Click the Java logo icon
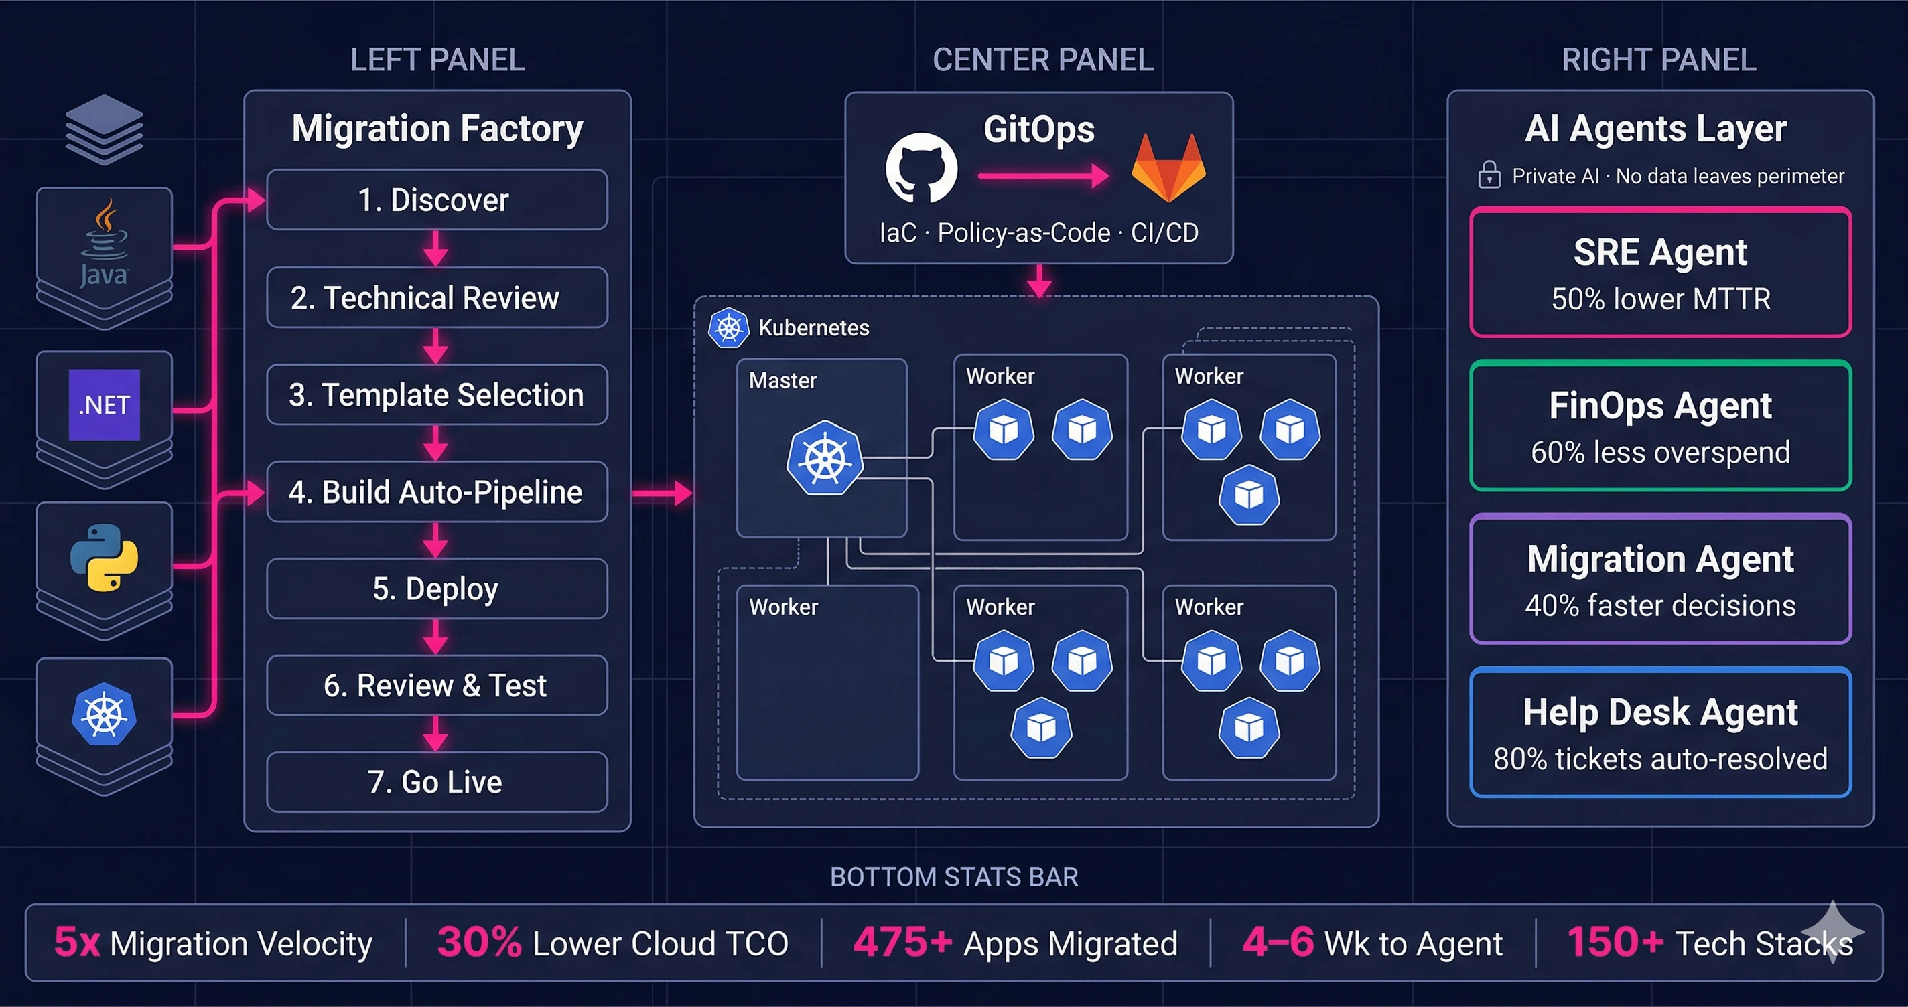[105, 240]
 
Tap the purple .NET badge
[105, 404]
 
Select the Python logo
[105, 558]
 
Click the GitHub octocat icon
[921, 168]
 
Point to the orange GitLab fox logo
[1168, 168]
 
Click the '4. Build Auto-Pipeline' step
[436, 491]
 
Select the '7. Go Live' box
[436, 782]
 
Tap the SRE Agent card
[1660, 273]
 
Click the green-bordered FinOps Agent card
[1660, 426]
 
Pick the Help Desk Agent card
[1660, 732]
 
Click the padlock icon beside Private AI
[1489, 175]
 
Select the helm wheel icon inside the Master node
[825, 459]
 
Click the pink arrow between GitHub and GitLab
[1043, 176]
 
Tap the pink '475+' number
[902, 943]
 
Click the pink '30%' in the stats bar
[479, 943]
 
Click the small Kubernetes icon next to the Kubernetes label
[729, 327]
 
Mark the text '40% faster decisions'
[1660, 606]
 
